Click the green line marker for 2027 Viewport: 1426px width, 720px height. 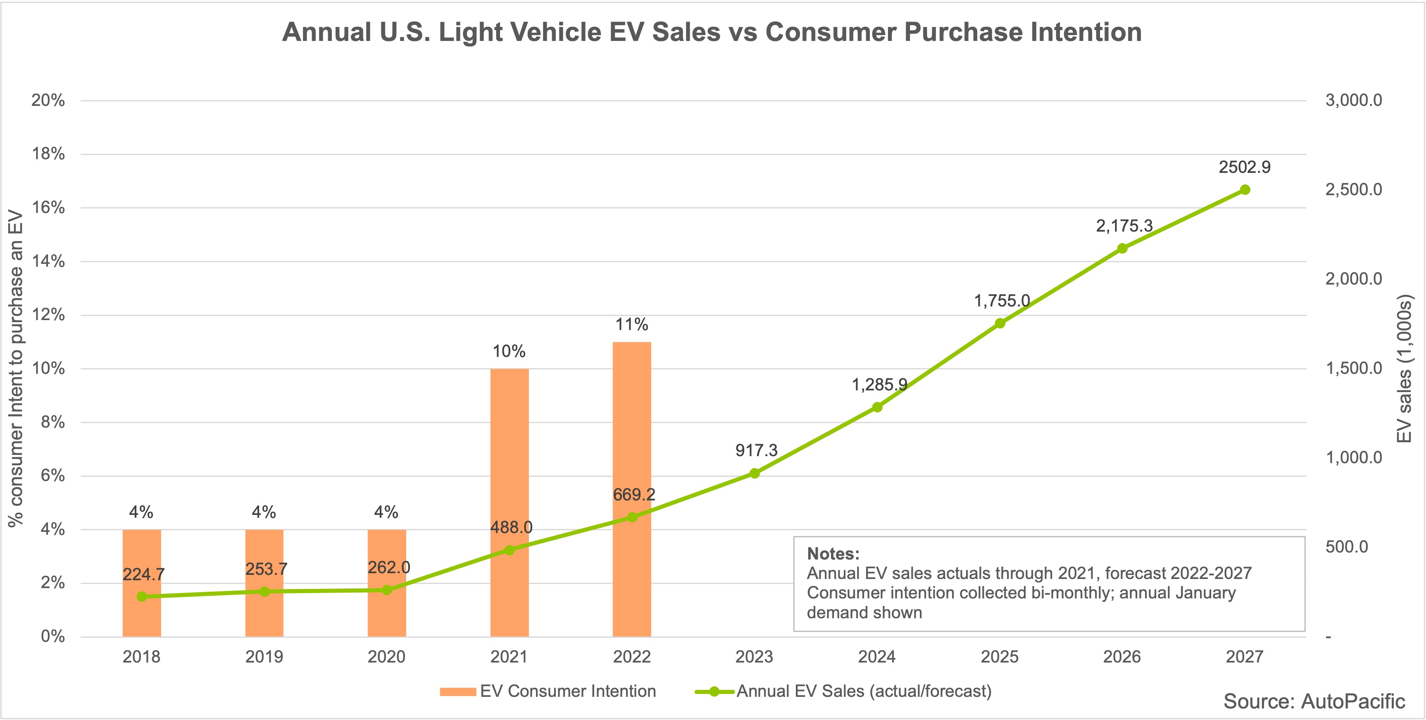tap(1245, 190)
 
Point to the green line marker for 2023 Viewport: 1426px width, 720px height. tap(754, 473)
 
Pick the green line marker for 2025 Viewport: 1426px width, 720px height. tap(1000, 323)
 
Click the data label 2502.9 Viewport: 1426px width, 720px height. tap(1245, 167)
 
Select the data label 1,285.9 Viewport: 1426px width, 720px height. tap(879, 384)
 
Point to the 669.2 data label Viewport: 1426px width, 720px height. tap(634, 495)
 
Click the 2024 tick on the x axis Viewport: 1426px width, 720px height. tap(877, 657)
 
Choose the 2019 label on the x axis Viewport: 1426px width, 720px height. tap(264, 657)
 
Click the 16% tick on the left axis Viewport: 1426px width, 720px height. tap(49, 208)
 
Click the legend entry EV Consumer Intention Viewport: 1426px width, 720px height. tap(567, 691)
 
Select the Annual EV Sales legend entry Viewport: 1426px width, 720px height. tap(864, 691)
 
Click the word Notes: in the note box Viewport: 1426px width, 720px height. tap(833, 553)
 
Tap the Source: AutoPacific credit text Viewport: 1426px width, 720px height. tap(1314, 701)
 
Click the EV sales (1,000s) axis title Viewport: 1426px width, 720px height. tap(1404, 368)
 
